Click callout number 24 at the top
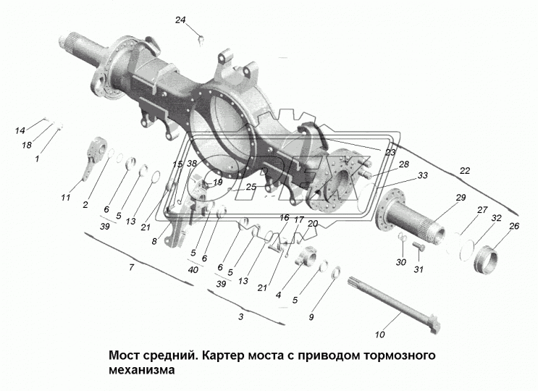click(x=180, y=20)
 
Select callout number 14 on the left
click(x=20, y=130)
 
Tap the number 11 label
click(x=66, y=198)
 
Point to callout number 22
click(x=463, y=170)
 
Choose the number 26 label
click(x=514, y=226)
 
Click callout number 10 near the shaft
click(x=379, y=334)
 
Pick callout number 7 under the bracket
click(x=131, y=269)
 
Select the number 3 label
click(x=240, y=317)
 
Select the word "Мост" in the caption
click(x=124, y=356)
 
